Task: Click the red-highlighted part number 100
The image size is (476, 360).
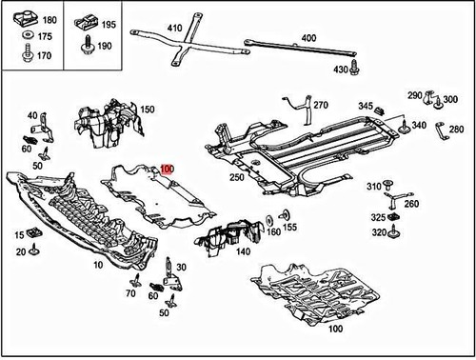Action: (168, 169)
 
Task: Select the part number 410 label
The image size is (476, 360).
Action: (174, 28)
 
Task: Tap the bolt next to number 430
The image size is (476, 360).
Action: (354, 67)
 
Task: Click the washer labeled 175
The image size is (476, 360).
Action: (29, 34)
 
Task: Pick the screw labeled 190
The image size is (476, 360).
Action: (88, 45)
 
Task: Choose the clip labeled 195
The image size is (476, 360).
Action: (87, 23)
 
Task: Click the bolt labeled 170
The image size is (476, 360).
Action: (28, 53)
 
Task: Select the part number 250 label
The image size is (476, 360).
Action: (237, 177)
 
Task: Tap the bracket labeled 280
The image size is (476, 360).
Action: (442, 130)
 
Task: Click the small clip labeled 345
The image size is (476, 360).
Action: (379, 110)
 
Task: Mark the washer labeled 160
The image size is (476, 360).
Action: (269, 220)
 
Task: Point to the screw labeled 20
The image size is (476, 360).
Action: (33, 250)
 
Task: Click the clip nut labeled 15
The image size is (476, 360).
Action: (33, 232)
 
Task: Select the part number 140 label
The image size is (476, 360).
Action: (243, 251)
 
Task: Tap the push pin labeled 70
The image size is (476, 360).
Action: (136, 280)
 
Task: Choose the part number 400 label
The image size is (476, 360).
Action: (308, 38)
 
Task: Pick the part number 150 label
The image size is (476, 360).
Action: (148, 110)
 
